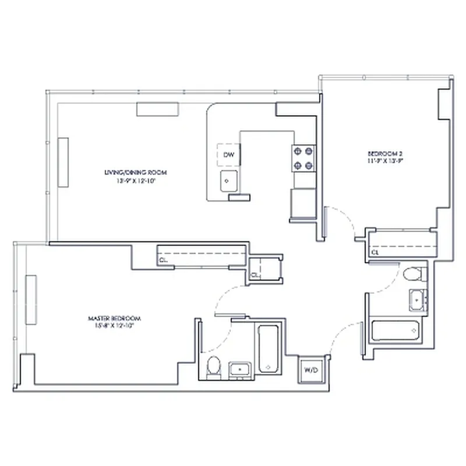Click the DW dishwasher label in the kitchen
coord(229,155)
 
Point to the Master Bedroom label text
coord(114,319)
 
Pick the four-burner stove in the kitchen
coord(303,157)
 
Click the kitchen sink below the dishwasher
coord(228,182)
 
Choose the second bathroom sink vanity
coord(418,301)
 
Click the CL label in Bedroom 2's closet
coord(376,253)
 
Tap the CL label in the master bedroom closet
coord(164,260)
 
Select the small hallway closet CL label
coord(255,274)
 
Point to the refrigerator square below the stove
coord(302,202)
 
